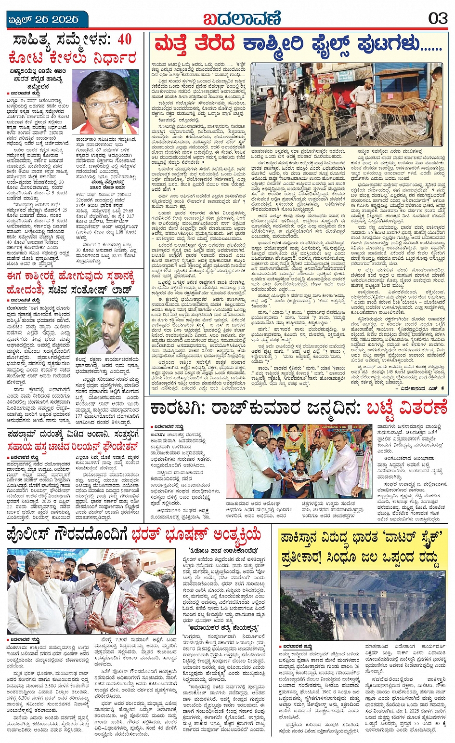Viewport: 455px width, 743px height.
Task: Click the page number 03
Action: (x=438, y=18)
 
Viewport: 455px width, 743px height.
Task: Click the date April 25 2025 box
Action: (x=43, y=19)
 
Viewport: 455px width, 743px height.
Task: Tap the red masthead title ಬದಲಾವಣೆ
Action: (x=241, y=19)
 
